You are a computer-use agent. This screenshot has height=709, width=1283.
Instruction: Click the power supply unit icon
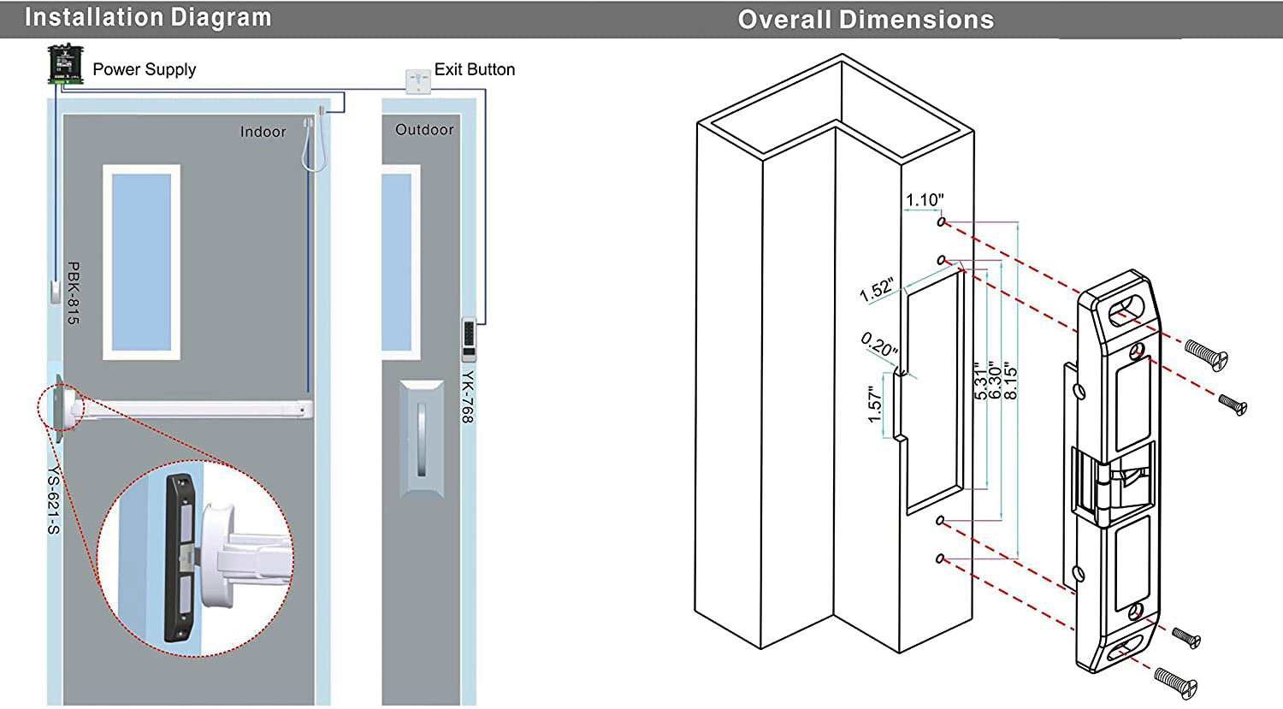click(65, 64)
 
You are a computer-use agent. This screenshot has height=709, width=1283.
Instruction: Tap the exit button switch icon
click(418, 81)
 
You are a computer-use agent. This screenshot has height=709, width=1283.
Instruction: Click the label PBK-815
click(74, 293)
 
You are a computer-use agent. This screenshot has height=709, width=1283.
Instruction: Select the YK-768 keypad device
click(469, 339)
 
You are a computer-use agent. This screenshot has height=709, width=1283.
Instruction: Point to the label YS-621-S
click(54, 499)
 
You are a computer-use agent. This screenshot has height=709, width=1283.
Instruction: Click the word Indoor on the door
click(263, 132)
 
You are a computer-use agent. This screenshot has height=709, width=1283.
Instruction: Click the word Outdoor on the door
click(424, 130)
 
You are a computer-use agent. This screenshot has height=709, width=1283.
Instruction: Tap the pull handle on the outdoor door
click(422, 439)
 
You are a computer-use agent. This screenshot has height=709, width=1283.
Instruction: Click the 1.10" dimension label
click(925, 200)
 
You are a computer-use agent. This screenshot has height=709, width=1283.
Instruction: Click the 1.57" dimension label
click(875, 405)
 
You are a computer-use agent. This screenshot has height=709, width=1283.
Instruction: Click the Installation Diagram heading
click(148, 18)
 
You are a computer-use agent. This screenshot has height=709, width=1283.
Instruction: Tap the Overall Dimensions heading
click(866, 20)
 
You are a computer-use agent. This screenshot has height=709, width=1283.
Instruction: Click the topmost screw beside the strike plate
click(1206, 355)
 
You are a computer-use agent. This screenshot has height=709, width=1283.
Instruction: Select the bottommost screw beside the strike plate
click(1175, 684)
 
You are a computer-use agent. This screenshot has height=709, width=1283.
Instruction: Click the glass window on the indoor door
click(141, 263)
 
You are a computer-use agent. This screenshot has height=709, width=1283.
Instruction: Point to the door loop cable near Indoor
click(314, 143)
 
